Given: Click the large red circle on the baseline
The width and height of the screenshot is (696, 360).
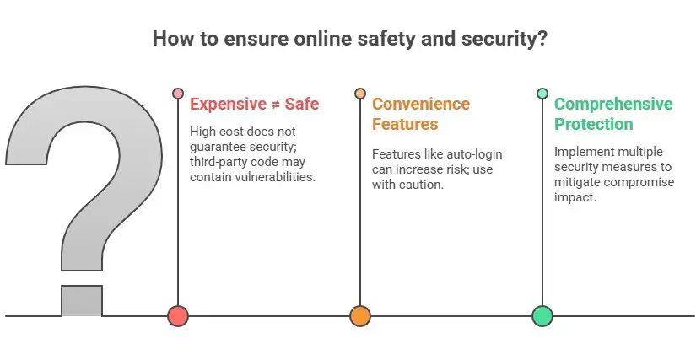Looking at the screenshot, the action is (x=178, y=316).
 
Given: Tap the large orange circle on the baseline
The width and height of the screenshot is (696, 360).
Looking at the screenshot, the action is (x=360, y=316).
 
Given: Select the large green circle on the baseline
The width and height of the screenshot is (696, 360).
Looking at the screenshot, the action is (x=542, y=316).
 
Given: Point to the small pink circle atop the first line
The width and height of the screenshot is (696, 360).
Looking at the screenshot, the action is (x=178, y=94).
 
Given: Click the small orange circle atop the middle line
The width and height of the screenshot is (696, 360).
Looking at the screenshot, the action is (x=360, y=94).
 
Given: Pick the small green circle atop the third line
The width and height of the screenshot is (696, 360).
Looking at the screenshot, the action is (x=542, y=94).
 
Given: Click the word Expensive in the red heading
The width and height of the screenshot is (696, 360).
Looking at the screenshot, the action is (x=228, y=105).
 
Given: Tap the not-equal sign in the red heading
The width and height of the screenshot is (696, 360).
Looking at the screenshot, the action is (x=276, y=105).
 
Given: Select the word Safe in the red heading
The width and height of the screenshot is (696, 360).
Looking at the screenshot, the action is (x=302, y=105).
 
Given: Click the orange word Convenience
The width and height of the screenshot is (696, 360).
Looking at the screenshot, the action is (x=421, y=104).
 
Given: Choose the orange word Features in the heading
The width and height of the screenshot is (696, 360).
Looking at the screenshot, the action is (x=405, y=124).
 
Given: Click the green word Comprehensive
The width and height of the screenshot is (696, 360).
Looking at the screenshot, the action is (x=614, y=105).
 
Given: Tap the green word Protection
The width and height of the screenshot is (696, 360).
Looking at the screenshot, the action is (x=594, y=124).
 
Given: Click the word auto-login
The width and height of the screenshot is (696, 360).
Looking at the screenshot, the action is (x=474, y=154).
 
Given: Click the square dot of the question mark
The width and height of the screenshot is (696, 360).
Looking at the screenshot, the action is (x=82, y=301).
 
